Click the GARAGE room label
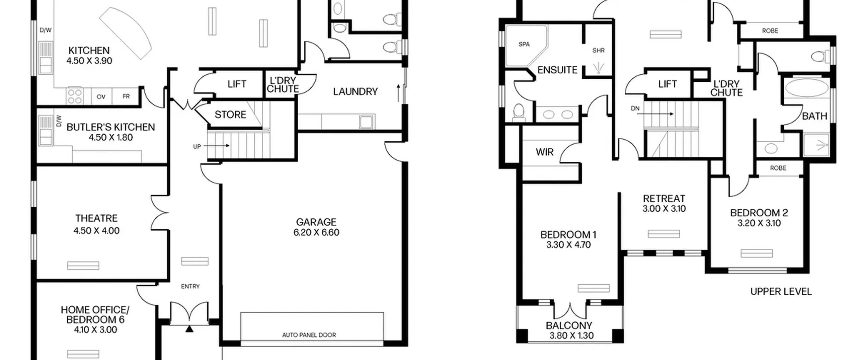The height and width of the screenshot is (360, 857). pos(316,222)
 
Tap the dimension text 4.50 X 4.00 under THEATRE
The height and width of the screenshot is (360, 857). pos(96,231)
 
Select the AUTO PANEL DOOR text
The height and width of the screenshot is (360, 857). pos(309,335)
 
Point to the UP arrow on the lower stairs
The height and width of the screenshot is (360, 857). pos(216,146)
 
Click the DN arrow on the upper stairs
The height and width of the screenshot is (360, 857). pos(655,114)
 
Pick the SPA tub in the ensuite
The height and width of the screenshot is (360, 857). pos(526,45)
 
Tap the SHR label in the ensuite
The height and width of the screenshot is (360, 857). pos(599,51)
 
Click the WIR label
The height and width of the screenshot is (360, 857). pos(545,152)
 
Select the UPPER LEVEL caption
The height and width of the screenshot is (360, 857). pos(781,292)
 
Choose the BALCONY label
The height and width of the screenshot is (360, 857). pos(569,325)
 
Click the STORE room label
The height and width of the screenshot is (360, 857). pos(230,115)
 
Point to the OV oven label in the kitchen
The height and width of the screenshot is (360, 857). pos(101,97)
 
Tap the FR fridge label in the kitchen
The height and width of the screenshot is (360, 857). pos(126,96)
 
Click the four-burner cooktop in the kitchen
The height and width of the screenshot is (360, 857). pos(74,96)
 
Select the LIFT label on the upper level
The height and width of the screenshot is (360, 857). pos(668,84)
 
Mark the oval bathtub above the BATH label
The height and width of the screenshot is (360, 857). pos(806,88)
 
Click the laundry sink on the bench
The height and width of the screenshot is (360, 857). pos(366,122)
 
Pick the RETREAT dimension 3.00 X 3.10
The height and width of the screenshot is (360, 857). pos(664,209)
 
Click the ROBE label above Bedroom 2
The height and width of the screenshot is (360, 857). pos(778,168)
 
